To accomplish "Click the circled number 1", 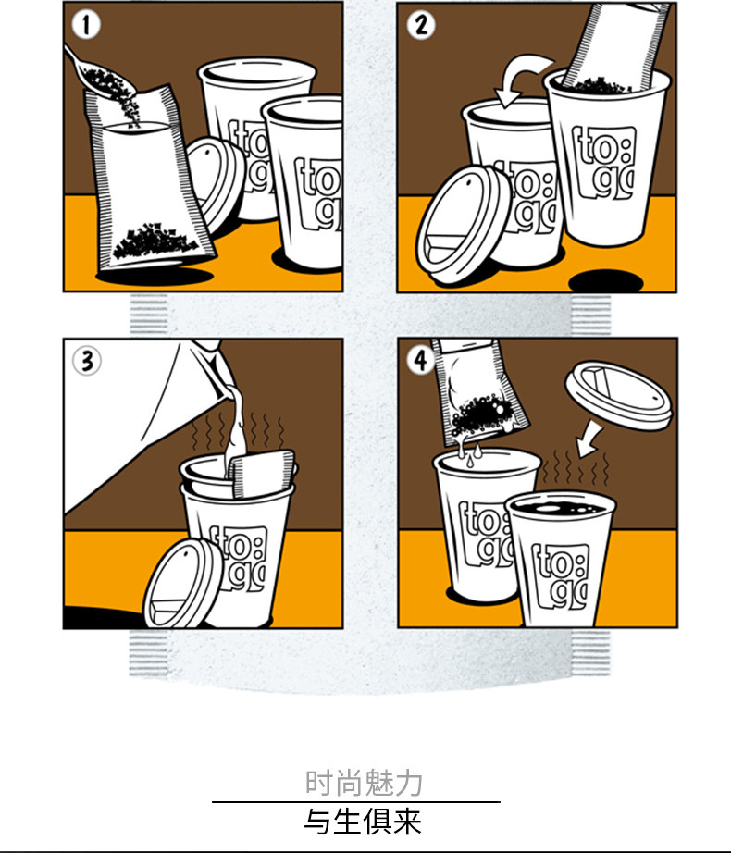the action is click(86, 25).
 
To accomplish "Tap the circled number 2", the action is click(421, 25).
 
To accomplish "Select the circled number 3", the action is click(87, 361).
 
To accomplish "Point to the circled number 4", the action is click(420, 360).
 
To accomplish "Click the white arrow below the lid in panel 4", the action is click(590, 440).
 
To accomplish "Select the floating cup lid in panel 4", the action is click(619, 394).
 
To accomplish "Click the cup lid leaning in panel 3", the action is click(184, 583).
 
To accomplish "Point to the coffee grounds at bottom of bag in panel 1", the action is click(155, 241).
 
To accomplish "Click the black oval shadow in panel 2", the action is click(606, 281).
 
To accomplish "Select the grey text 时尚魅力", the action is click(364, 783).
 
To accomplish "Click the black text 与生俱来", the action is click(363, 822).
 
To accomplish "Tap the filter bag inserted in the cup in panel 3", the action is click(262, 474).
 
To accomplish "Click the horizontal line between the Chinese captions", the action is click(356, 802).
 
